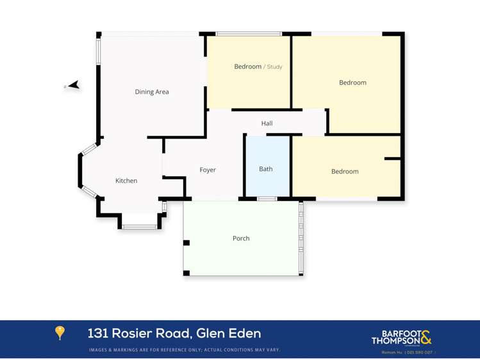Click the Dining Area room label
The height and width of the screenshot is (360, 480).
coord(152,92)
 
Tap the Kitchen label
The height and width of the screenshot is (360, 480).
coord(126,181)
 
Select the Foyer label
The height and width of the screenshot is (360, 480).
coord(208,170)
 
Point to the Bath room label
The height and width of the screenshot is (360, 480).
coord(266,169)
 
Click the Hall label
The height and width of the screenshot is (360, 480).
coord(267,123)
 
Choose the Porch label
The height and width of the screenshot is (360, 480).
coord(241,238)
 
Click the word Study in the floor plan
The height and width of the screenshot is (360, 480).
coord(274,67)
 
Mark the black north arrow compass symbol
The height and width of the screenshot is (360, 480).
coord(74,85)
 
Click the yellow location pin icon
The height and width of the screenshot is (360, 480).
coord(60,332)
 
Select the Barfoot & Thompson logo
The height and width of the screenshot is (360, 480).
coord(402,337)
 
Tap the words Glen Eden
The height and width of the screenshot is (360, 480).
coord(229,333)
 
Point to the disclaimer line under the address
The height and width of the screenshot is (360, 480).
coord(185,350)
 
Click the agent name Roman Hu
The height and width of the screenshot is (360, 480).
coord(391,352)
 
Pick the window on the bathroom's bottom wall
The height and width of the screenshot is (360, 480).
coord(267,199)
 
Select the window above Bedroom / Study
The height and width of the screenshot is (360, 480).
coord(249,33)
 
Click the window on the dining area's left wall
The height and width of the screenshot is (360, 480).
coord(99,51)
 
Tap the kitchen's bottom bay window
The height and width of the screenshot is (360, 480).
coord(140,226)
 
